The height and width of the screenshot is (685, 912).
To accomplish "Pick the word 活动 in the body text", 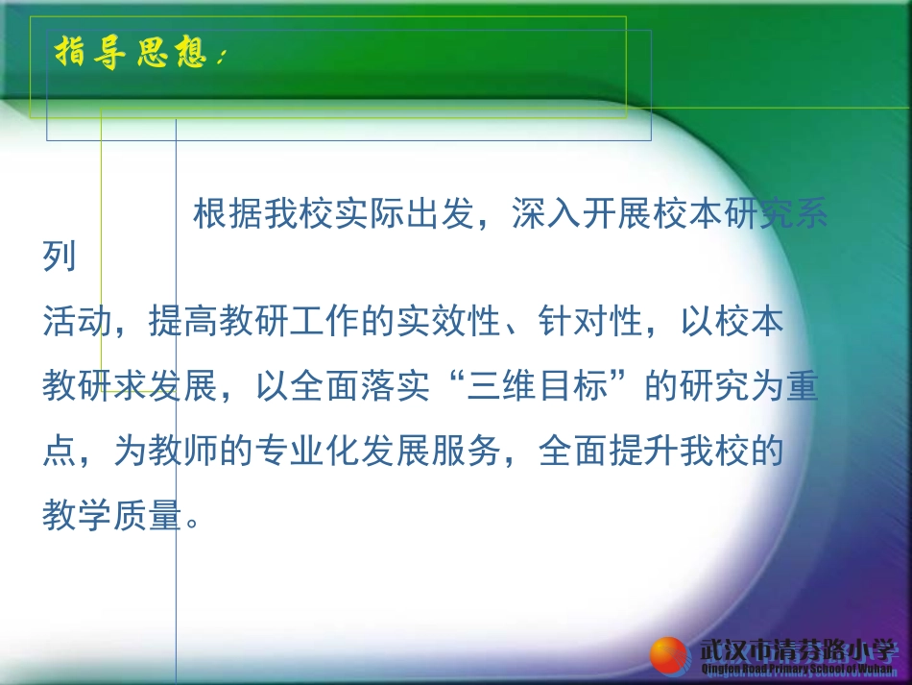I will tap(78, 321).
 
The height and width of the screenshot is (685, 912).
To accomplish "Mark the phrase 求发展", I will tap(166, 386).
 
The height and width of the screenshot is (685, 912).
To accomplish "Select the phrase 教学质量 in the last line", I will tap(112, 517).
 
